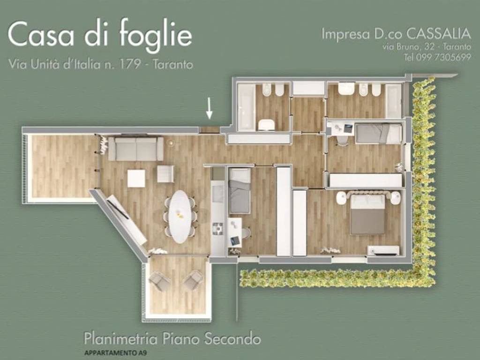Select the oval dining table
coord(180,216)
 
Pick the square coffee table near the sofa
coord(136,178)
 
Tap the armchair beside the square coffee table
coord(165,173)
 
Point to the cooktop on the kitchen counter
coord(218,228)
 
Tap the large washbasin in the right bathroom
coord(346,89)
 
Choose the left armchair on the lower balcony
coord(159,281)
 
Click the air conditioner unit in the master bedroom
coord(383,250)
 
